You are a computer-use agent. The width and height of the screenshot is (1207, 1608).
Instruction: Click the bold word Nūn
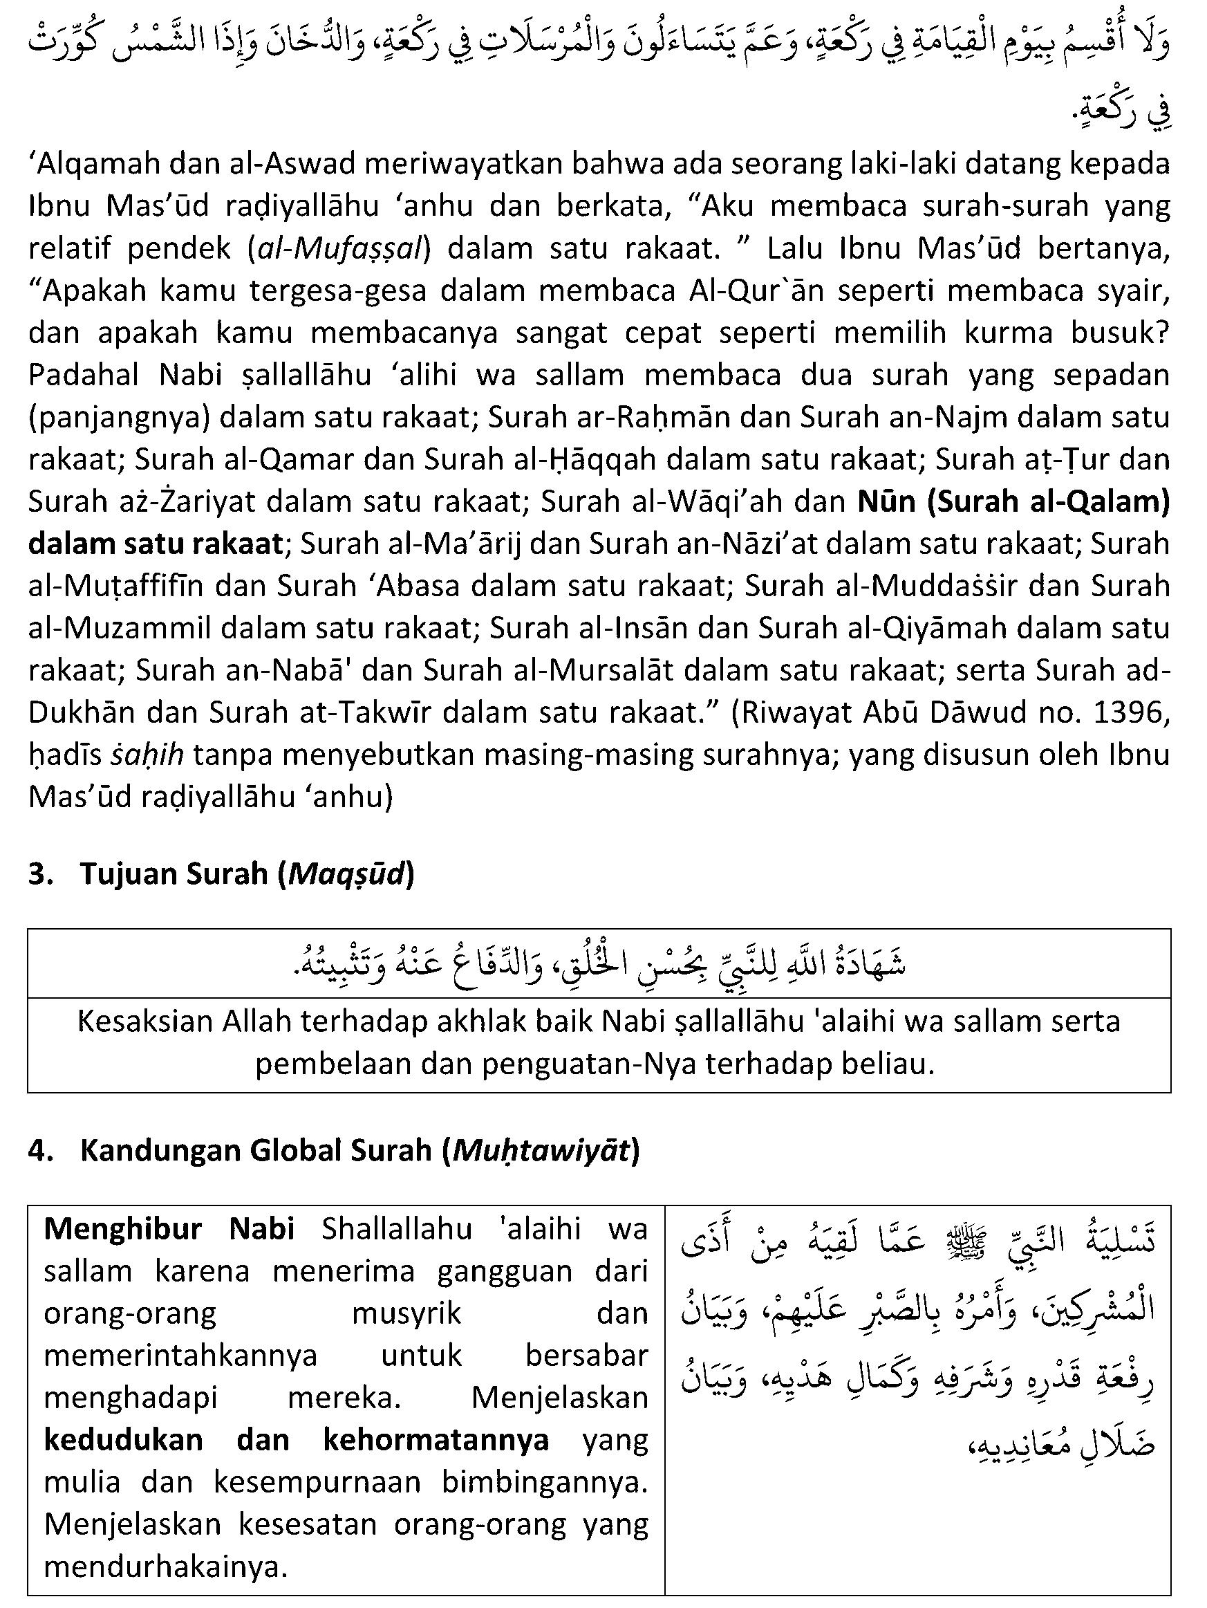[x=886, y=501]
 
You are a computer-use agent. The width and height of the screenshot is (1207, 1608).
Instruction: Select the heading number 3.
[x=38, y=873]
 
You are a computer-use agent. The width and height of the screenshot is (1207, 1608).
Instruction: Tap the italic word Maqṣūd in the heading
[x=346, y=873]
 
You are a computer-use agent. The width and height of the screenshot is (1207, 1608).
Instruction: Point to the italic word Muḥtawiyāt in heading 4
[x=541, y=1151]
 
